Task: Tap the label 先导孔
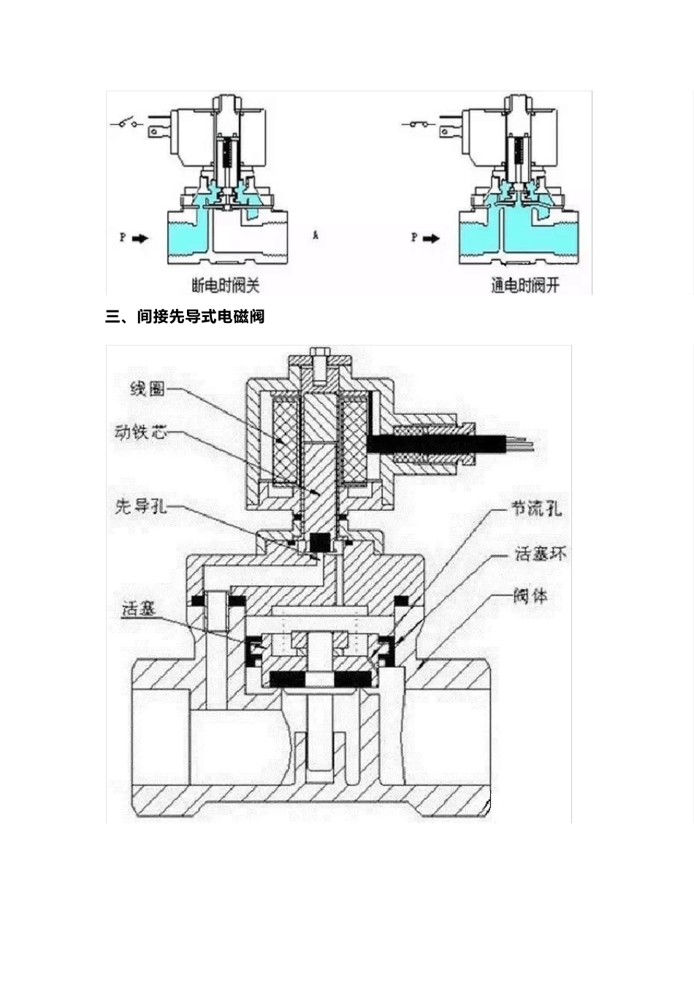coord(141,506)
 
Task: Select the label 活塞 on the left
coord(140,608)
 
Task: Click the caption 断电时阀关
coord(225,284)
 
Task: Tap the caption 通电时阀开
coord(525,285)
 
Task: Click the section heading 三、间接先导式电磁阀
coord(185,317)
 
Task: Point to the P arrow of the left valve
coord(139,238)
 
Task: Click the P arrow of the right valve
coord(431,238)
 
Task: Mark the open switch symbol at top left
coord(127,123)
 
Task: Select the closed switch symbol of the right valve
coord(419,123)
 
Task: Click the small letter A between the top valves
coord(316,236)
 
